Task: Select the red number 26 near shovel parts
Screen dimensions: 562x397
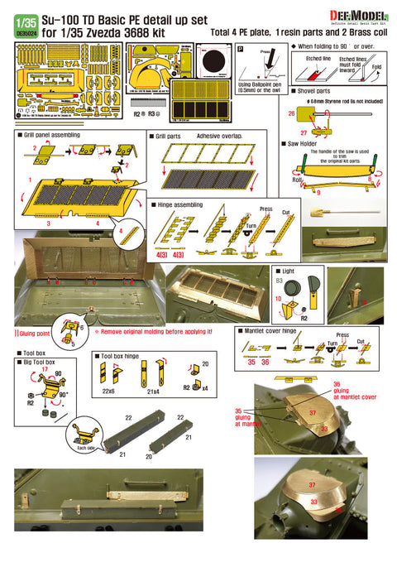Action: coord(291,113)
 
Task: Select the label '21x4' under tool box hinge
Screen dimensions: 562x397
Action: coord(154,391)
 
